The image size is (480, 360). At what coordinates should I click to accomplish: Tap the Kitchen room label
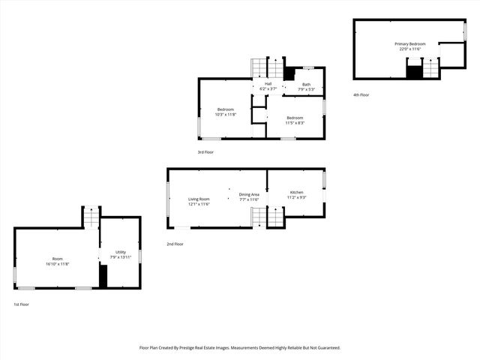(297, 195)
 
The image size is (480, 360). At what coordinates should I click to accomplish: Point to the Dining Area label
(249, 196)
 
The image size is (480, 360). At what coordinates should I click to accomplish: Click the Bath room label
(306, 87)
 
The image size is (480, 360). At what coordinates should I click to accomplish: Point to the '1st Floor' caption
(22, 304)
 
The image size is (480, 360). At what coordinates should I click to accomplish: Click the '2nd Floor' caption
(175, 244)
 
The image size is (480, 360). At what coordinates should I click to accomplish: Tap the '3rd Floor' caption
(205, 152)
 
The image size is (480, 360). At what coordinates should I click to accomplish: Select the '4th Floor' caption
(361, 94)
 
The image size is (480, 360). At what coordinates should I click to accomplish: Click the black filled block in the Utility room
(103, 276)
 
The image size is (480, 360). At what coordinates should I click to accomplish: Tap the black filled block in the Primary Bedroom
(414, 72)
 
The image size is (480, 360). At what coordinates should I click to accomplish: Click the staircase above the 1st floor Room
(91, 217)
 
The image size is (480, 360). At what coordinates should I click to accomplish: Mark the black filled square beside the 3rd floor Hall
(289, 74)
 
